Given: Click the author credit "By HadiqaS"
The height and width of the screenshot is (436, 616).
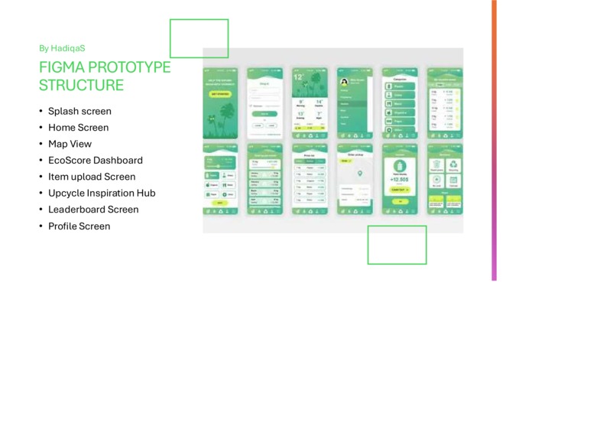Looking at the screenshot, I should [67, 48].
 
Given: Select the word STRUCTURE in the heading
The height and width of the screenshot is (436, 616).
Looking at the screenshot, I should [81, 85].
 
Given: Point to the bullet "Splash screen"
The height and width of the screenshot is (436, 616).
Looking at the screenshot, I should [79, 111].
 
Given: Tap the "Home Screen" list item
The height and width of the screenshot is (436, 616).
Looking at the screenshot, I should [78, 128].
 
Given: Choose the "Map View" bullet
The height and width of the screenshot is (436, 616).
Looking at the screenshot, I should [70, 144].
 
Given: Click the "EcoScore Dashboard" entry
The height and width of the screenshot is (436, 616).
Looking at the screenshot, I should [95, 161].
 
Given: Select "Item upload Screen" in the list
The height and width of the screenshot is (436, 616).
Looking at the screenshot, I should [92, 177].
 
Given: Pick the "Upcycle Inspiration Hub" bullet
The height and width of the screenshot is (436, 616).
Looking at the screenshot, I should [102, 194].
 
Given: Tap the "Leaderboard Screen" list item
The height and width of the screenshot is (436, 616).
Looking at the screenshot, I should [93, 210].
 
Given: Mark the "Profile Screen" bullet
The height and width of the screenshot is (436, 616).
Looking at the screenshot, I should [79, 226].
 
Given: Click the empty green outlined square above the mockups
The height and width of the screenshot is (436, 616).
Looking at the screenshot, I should [199, 38].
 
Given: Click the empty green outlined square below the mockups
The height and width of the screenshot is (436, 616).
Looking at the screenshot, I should [397, 245].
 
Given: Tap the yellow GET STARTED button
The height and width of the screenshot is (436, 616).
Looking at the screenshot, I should [220, 94].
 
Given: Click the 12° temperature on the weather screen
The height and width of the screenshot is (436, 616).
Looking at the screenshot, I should [299, 77].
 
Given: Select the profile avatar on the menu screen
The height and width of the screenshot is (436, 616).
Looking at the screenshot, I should [345, 81].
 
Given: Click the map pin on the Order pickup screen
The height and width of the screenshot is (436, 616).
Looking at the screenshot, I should [360, 174].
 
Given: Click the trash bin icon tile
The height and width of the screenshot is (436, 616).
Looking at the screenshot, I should [436, 164].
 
